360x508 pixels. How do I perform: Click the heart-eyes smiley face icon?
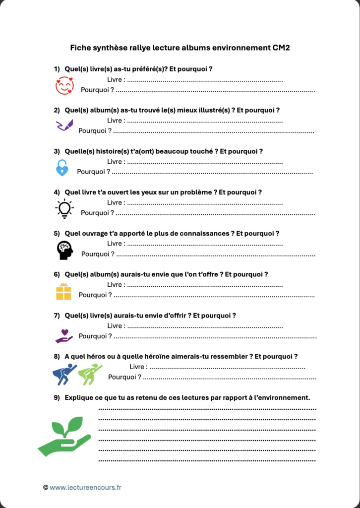64,86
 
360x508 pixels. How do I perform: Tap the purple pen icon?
64,125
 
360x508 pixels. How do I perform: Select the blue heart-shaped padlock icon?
62,168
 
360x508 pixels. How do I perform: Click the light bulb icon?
64,208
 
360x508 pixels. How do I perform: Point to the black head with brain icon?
64,250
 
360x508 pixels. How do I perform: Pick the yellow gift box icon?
63,292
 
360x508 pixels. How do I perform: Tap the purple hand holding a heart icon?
64,336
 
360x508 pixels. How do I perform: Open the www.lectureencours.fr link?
85,487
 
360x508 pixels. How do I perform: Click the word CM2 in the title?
281,48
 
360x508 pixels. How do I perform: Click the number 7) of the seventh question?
57,316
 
